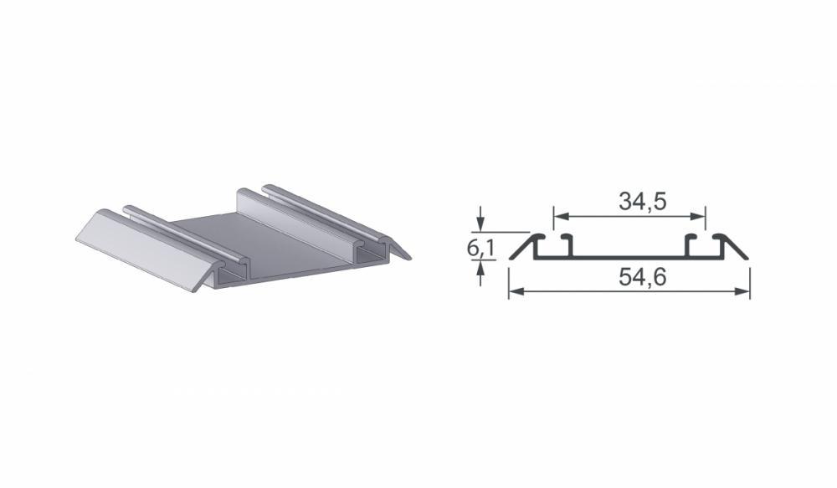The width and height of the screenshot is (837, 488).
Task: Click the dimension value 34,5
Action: (643, 201)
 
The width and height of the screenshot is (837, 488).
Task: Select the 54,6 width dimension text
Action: (643, 277)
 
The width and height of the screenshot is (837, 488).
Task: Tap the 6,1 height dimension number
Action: (480, 248)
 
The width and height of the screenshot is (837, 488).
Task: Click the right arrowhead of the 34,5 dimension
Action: (698, 216)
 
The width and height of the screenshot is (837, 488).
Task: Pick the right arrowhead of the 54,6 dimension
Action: (742, 291)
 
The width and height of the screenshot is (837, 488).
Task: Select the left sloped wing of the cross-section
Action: (522, 247)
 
